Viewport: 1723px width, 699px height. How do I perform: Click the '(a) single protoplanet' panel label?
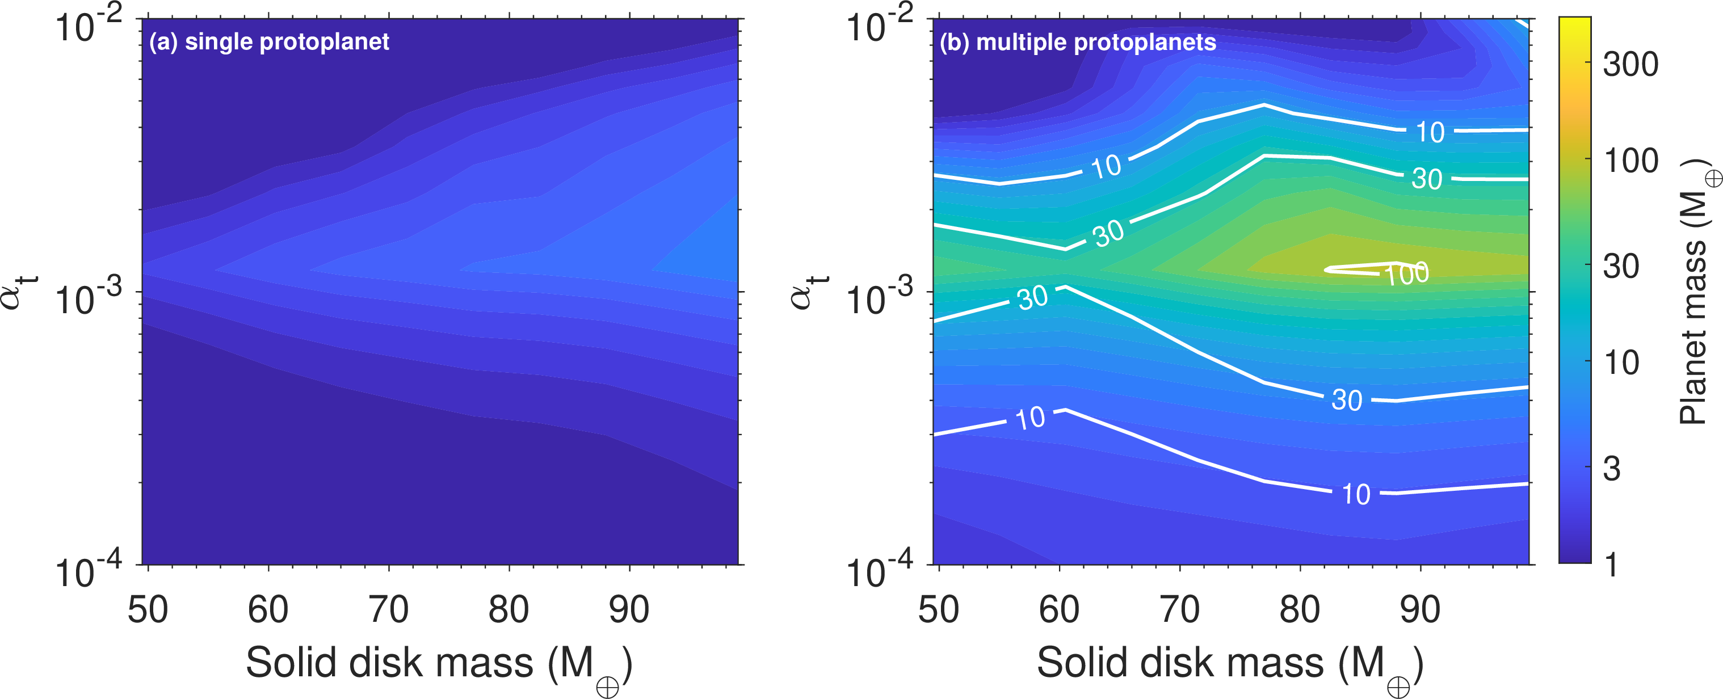[x=269, y=42]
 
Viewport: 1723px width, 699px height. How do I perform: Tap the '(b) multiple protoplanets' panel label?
[x=1078, y=43]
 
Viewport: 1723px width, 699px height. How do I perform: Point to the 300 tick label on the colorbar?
[x=1630, y=65]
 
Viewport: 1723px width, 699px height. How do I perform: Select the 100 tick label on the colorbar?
[x=1630, y=162]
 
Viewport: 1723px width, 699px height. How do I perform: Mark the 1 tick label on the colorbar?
[x=1612, y=565]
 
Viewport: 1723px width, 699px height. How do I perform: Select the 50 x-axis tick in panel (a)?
[x=148, y=610]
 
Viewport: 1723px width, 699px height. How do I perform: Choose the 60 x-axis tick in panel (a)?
[x=268, y=610]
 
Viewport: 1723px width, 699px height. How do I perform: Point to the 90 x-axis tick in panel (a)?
[x=629, y=610]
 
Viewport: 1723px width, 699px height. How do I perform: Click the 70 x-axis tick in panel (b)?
[x=1179, y=610]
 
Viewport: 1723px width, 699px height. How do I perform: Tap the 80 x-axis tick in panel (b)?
[x=1300, y=610]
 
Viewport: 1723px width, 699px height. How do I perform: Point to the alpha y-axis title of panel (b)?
[x=806, y=292]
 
